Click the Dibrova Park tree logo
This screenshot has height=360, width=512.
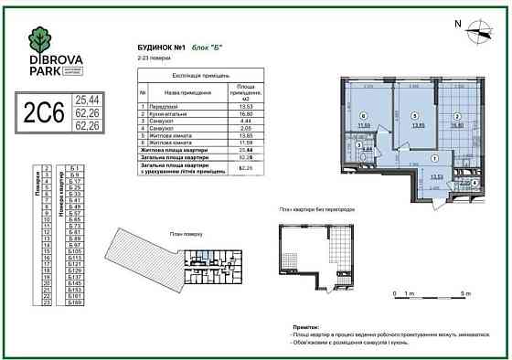tap(41, 40)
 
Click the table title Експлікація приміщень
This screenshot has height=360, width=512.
tap(194, 76)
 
